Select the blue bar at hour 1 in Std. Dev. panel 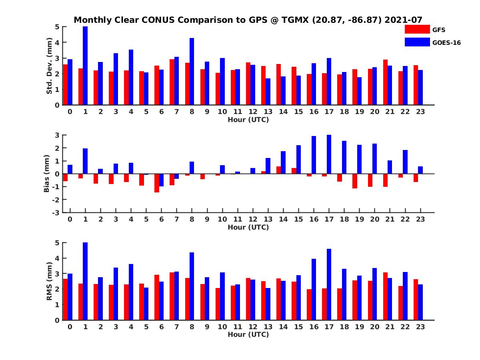[85, 66]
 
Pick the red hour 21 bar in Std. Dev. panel [385, 82]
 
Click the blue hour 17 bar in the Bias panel [329, 154]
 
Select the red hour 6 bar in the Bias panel [157, 183]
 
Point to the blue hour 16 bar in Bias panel [314, 155]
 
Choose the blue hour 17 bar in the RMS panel [329, 284]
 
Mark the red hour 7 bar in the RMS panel [172, 296]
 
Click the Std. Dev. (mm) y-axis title [50, 66]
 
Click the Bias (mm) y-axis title [47, 174]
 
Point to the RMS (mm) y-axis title [50, 281]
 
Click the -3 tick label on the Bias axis [56, 212]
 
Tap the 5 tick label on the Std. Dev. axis [58, 27]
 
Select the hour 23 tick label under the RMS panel [420, 327]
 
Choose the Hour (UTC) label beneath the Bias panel [248, 227]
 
